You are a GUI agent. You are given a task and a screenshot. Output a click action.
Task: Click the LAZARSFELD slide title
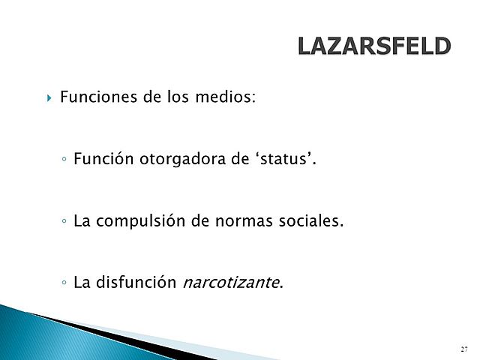point(373,46)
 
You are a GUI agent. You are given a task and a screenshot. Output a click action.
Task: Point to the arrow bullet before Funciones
point(49,98)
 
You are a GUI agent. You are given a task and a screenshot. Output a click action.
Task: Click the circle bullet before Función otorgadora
point(66,161)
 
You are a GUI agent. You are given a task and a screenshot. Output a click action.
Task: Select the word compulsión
point(142,222)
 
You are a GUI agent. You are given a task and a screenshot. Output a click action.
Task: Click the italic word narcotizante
point(230,283)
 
